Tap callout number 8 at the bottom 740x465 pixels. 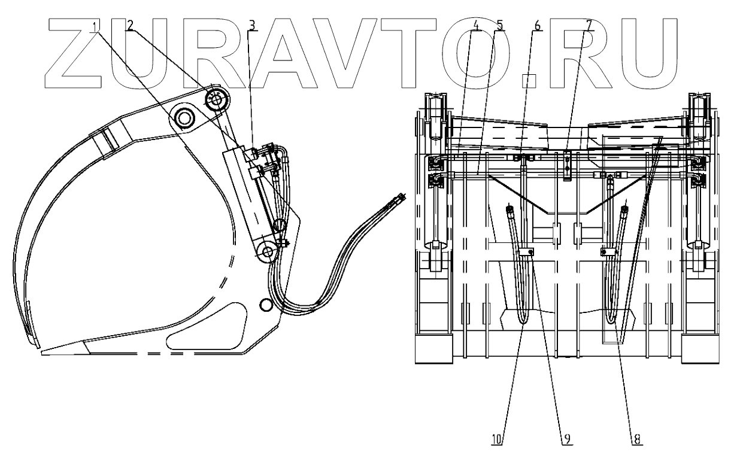636,439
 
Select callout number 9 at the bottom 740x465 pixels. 565,439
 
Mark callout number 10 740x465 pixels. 497,439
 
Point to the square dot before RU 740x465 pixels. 527,77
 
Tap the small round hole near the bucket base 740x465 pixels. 266,305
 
